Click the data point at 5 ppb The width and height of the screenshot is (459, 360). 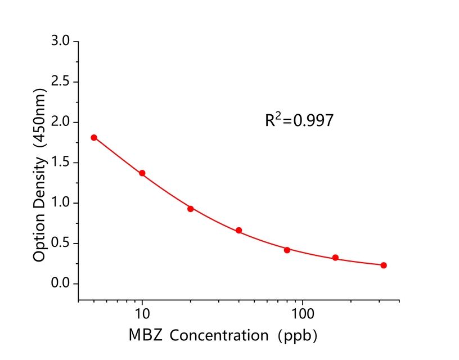[x=94, y=138]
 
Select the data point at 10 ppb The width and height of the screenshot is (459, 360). [x=142, y=173]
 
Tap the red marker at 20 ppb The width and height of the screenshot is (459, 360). [x=191, y=209]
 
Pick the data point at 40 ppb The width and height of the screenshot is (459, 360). [x=239, y=231]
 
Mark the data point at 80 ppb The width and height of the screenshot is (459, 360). [x=287, y=250]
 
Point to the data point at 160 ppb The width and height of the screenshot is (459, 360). [x=335, y=258]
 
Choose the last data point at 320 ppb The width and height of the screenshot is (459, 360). [x=384, y=265]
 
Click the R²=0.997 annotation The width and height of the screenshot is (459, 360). [x=299, y=120]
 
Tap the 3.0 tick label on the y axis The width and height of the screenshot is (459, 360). [x=60, y=42]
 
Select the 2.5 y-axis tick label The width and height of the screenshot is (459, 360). [x=60, y=82]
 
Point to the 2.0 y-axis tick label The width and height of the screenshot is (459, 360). [x=60, y=123]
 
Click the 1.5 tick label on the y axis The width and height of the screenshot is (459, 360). [x=60, y=163]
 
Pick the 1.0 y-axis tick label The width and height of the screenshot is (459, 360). [x=60, y=203]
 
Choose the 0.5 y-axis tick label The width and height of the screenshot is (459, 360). [x=60, y=244]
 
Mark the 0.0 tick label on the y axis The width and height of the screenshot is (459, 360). [x=60, y=284]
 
